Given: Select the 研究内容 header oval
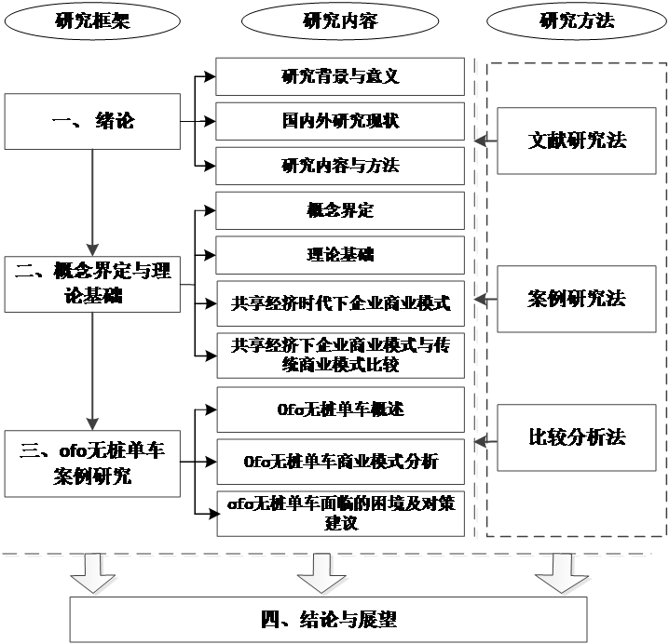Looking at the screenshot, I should click(340, 20).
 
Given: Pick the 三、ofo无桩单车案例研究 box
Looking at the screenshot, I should click(91, 463).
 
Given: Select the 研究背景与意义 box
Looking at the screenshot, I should click(340, 76).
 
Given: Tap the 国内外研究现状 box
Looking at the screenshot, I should click(340, 121).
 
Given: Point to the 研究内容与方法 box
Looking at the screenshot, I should click(340, 166).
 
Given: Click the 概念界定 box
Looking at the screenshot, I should click(340, 210).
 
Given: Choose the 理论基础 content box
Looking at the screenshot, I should click(340, 254).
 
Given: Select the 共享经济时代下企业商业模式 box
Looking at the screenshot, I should click(340, 303).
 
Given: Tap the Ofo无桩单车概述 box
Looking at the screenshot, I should click(340, 409).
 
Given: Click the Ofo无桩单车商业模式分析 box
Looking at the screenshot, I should click(340, 462).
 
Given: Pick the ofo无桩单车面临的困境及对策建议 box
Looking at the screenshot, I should click(340, 513).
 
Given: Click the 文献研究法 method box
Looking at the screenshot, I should click(578, 141).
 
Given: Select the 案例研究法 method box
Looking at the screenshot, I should click(578, 299).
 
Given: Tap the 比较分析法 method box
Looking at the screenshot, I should click(578, 436).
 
